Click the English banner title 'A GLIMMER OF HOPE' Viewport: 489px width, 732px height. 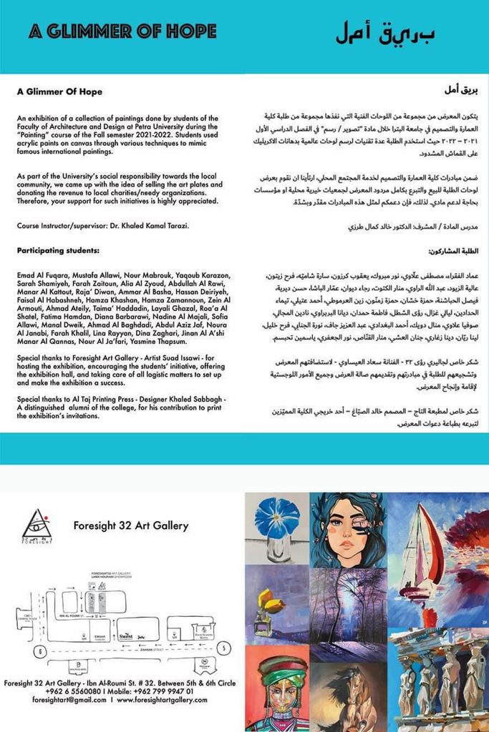coord(122,31)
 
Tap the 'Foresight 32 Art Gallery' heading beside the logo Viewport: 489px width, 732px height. coord(131,526)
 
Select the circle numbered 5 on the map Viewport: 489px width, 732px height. coord(225,648)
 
